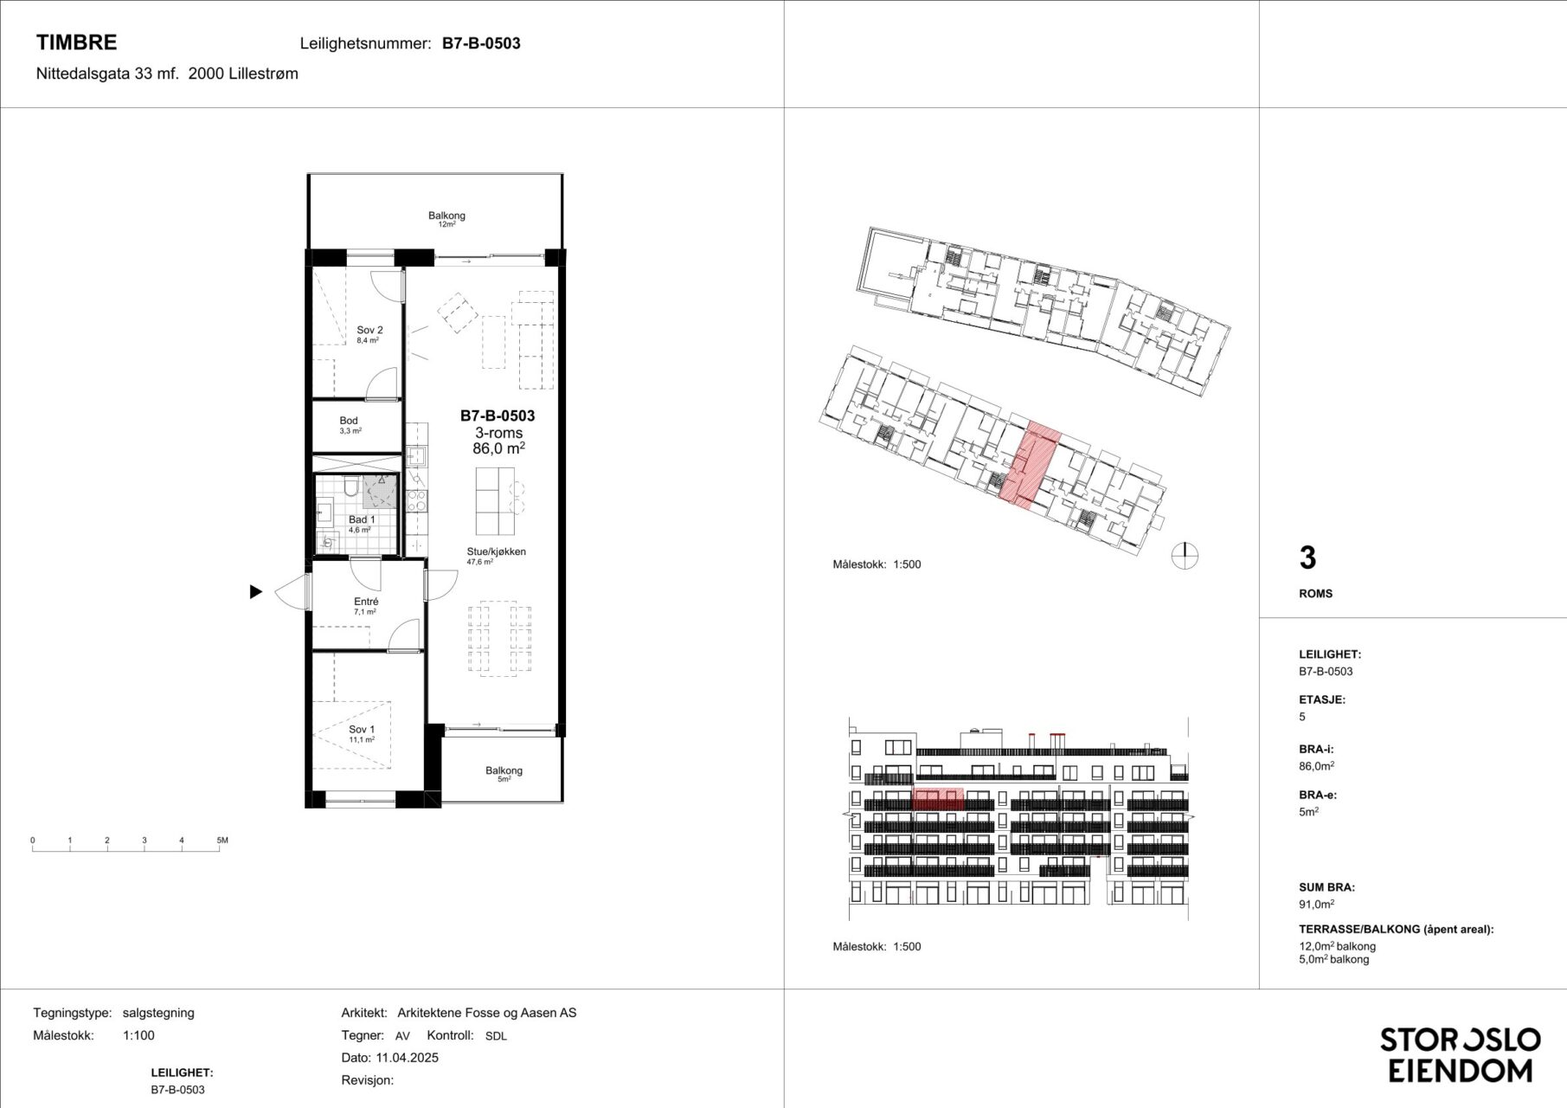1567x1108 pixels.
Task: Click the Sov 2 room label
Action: [x=369, y=330]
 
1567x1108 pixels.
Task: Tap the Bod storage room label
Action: [x=349, y=421]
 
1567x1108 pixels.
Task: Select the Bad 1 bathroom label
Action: [x=362, y=519]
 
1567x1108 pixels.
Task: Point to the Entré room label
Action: [x=366, y=602]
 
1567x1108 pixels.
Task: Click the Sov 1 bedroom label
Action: [x=362, y=730]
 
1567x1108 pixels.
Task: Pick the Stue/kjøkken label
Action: [x=497, y=551]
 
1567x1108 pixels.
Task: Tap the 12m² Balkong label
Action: [x=446, y=216]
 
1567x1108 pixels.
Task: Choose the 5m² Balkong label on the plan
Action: [x=504, y=770]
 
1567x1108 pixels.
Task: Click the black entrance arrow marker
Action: [x=255, y=592]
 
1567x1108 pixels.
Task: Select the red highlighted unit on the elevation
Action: [x=939, y=798]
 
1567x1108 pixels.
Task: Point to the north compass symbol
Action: [x=1185, y=555]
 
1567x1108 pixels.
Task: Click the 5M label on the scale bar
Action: [x=222, y=841]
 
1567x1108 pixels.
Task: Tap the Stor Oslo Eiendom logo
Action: [x=1460, y=1054]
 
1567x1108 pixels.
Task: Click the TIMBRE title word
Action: [x=76, y=42]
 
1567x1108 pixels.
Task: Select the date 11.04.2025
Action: [x=407, y=1058]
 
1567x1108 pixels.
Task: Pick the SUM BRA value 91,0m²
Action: [x=1316, y=905]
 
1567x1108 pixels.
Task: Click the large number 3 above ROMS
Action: [x=1307, y=558]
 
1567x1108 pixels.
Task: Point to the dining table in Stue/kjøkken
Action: [x=500, y=638]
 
